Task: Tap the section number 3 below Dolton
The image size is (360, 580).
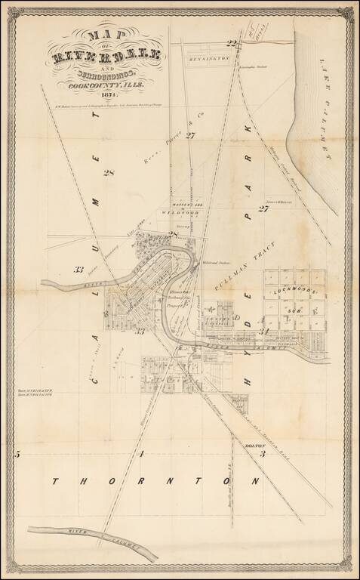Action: tap(262, 455)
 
